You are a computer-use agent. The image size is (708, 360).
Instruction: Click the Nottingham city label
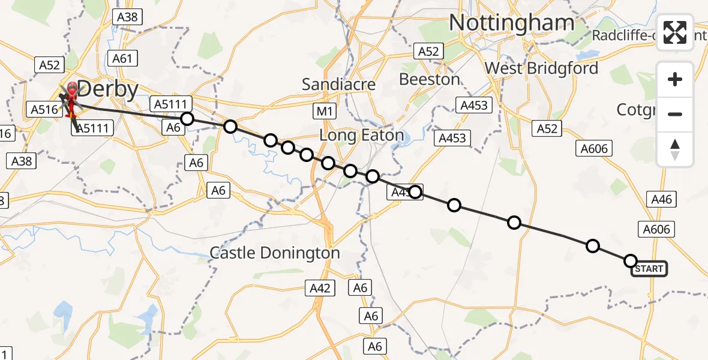511,23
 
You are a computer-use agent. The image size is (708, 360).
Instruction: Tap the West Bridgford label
541,68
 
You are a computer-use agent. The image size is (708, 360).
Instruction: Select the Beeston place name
430,79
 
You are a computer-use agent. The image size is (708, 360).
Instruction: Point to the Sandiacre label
338,85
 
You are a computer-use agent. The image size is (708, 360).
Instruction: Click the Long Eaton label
361,136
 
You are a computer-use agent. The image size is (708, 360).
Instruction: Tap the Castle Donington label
274,253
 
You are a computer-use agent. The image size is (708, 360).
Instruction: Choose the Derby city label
108,89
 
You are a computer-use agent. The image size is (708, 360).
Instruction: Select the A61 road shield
122,58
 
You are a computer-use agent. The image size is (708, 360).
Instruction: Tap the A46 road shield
661,199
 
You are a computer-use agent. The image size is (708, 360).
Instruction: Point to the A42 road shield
319,288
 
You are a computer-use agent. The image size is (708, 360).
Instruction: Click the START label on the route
649,269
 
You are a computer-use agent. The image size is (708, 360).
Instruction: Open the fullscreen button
675,32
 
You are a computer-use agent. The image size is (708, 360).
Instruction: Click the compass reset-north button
675,149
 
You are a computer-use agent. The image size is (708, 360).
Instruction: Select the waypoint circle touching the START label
630,260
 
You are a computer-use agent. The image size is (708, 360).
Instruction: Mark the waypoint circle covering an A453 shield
415,193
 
